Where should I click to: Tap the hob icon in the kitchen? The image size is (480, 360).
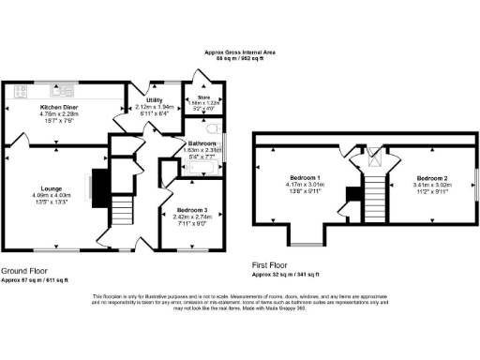click(22, 92)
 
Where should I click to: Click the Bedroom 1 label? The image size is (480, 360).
click(306, 178)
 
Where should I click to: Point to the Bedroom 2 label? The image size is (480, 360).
click(433, 178)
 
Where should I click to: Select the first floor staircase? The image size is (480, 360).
click(375, 197)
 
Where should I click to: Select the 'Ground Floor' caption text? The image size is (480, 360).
click(24, 269)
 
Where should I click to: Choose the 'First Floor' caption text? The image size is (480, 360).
click(273, 266)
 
